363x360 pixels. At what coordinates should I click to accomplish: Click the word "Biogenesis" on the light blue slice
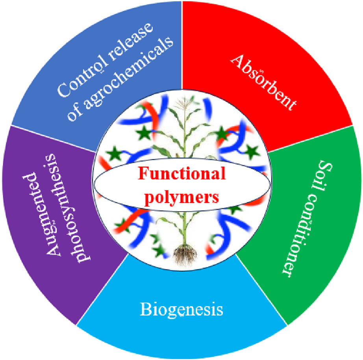[x=181, y=309]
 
